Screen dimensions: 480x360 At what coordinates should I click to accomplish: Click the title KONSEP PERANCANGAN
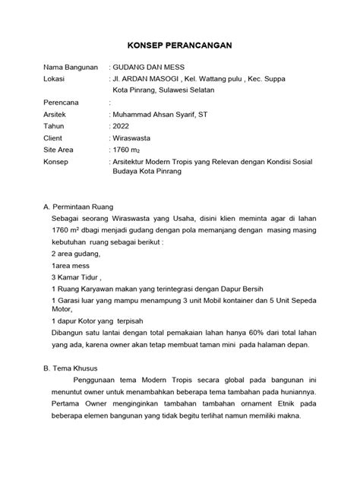180,46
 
